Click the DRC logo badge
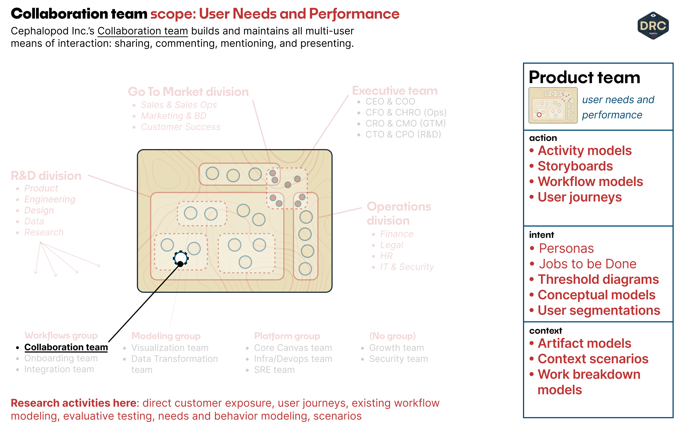(x=653, y=26)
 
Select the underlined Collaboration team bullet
(x=66, y=347)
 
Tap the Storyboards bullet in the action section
(x=575, y=166)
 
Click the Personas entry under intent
(x=566, y=248)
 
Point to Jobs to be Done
(x=587, y=264)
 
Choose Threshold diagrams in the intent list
(x=598, y=279)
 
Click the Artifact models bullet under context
(x=584, y=343)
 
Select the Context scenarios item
(x=593, y=358)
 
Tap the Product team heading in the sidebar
(x=584, y=77)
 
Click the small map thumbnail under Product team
(x=553, y=105)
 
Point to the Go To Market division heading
(x=188, y=92)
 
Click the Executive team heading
(x=395, y=90)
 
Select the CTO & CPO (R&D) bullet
(x=403, y=134)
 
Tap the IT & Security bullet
(x=407, y=267)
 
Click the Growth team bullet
(x=396, y=348)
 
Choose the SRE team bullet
(x=274, y=370)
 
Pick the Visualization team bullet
(x=170, y=348)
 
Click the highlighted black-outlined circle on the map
(x=181, y=258)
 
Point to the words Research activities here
(x=75, y=403)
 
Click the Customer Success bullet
(x=181, y=127)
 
